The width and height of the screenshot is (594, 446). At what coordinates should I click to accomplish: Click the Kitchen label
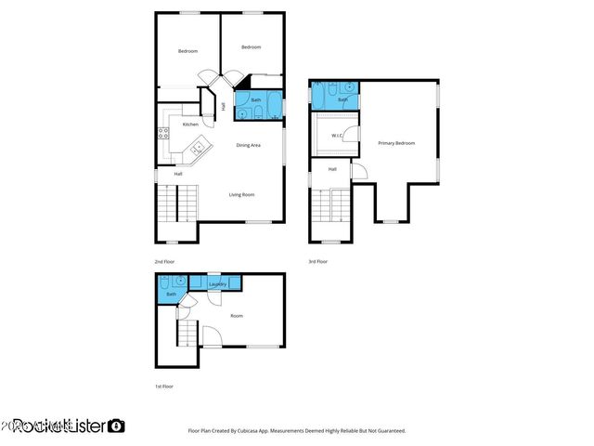190,124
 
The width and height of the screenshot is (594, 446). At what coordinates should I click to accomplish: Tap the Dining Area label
248,145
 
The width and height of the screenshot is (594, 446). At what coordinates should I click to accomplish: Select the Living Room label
242,194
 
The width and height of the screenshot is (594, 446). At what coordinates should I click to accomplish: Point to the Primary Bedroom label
396,143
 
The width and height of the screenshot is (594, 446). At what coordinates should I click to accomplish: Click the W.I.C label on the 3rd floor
338,136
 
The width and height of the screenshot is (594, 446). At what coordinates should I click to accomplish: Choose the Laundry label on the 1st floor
218,284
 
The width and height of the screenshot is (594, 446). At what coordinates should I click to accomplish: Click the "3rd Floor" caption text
318,262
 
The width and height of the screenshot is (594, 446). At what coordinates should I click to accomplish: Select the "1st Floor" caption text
163,386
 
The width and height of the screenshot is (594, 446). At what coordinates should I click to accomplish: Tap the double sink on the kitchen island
198,147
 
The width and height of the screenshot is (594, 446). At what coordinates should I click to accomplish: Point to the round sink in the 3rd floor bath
351,87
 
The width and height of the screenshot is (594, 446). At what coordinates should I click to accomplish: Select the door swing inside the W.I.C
349,135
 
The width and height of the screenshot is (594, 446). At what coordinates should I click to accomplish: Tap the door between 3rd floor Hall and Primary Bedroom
359,172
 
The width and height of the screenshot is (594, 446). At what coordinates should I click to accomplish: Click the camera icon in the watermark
116,426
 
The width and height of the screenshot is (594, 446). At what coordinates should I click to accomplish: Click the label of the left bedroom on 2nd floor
188,51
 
